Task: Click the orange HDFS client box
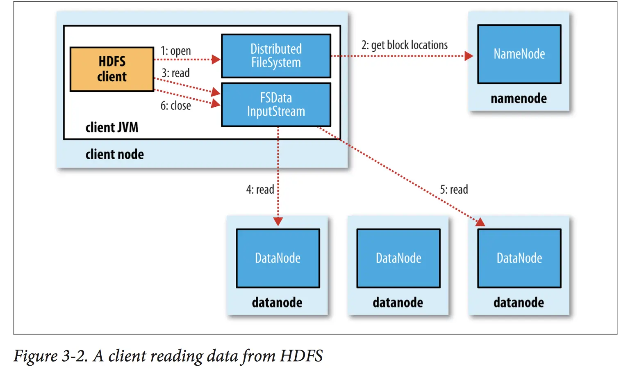111,69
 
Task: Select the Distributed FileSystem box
276,56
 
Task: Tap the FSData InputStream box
276,105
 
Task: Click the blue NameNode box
519,54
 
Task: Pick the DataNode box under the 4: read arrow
278,258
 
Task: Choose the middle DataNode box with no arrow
398,258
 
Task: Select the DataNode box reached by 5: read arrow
519,258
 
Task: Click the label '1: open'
175,51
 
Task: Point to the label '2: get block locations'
404,45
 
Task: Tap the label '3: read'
175,73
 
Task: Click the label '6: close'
175,106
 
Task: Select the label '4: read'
260,190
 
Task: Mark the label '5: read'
454,190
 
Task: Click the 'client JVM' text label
111,128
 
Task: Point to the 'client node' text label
114,155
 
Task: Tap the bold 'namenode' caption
519,98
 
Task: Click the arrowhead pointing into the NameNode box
469,56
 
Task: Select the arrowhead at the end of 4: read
278,222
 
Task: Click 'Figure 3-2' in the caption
50,356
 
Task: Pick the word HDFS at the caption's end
301,356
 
